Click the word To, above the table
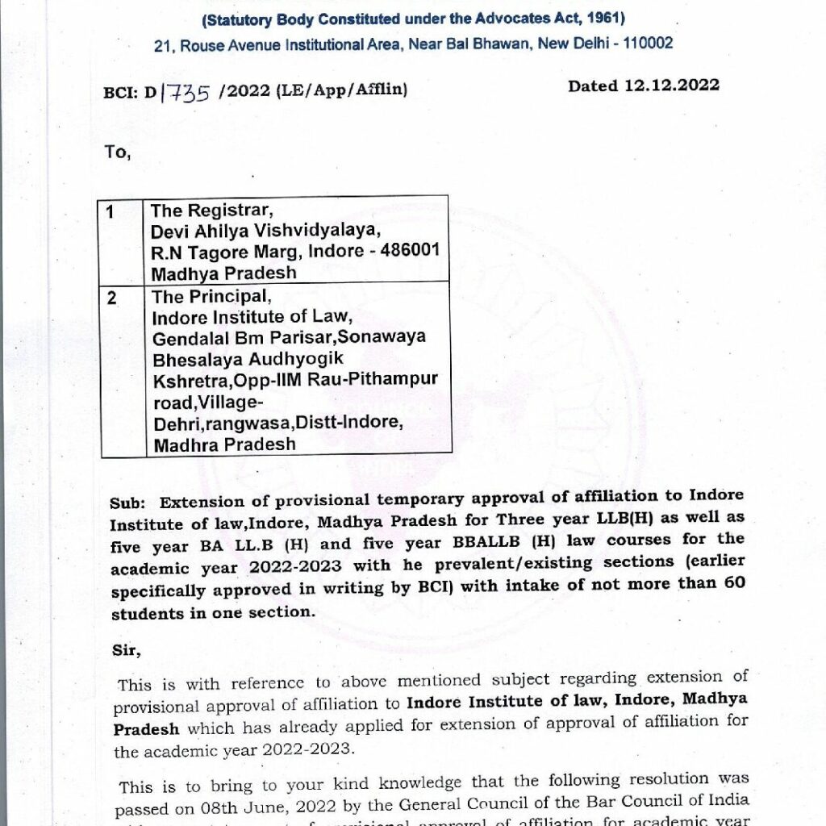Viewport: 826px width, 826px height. (118, 152)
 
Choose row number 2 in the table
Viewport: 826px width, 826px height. (111, 298)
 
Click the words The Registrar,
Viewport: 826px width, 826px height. (212, 211)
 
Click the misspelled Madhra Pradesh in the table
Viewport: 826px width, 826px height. (224, 444)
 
